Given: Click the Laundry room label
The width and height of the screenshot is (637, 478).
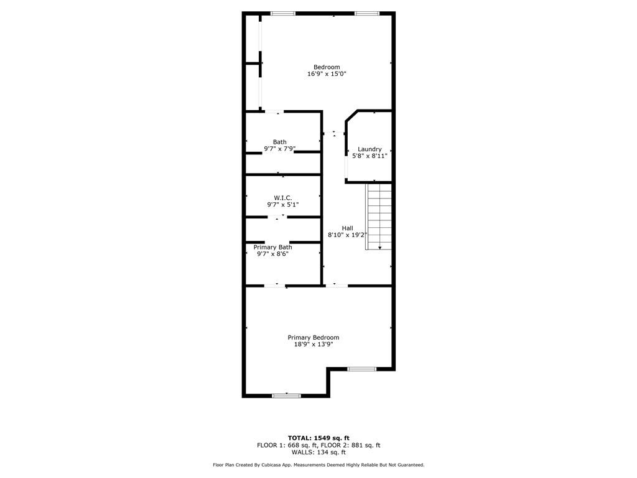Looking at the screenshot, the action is [x=370, y=149].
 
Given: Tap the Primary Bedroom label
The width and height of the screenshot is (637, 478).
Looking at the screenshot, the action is [x=314, y=337].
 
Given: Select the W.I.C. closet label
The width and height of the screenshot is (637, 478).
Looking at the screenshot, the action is [x=283, y=198].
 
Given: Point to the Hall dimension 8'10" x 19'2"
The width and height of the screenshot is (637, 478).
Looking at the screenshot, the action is [x=347, y=235].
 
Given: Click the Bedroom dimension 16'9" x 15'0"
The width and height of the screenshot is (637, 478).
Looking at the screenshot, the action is [x=327, y=74].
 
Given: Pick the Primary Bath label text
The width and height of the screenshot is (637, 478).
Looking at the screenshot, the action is [x=272, y=247].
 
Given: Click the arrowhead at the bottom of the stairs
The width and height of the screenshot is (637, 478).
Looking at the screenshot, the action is [x=380, y=248].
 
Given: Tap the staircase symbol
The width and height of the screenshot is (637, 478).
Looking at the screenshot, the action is [x=379, y=216].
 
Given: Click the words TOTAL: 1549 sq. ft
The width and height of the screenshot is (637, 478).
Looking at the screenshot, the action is [x=318, y=438].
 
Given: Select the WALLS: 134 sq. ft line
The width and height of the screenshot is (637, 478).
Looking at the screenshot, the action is [x=318, y=452].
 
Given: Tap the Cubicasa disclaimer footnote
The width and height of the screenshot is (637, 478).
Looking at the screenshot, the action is [x=318, y=464].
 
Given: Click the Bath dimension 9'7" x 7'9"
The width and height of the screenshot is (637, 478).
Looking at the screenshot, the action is [x=279, y=149].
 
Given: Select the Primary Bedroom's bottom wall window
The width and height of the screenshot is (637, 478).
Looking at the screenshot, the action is [x=286, y=395].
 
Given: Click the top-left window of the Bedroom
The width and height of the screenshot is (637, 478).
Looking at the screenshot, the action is [x=283, y=14].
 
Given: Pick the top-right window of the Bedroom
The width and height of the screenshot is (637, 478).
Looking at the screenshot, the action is [x=367, y=14].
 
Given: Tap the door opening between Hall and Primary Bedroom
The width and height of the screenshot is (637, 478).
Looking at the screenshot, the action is [x=337, y=286].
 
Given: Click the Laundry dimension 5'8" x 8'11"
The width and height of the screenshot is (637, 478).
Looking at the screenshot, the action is [x=370, y=156].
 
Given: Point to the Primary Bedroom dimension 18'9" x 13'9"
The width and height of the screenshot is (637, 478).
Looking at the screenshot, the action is [x=314, y=344].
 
